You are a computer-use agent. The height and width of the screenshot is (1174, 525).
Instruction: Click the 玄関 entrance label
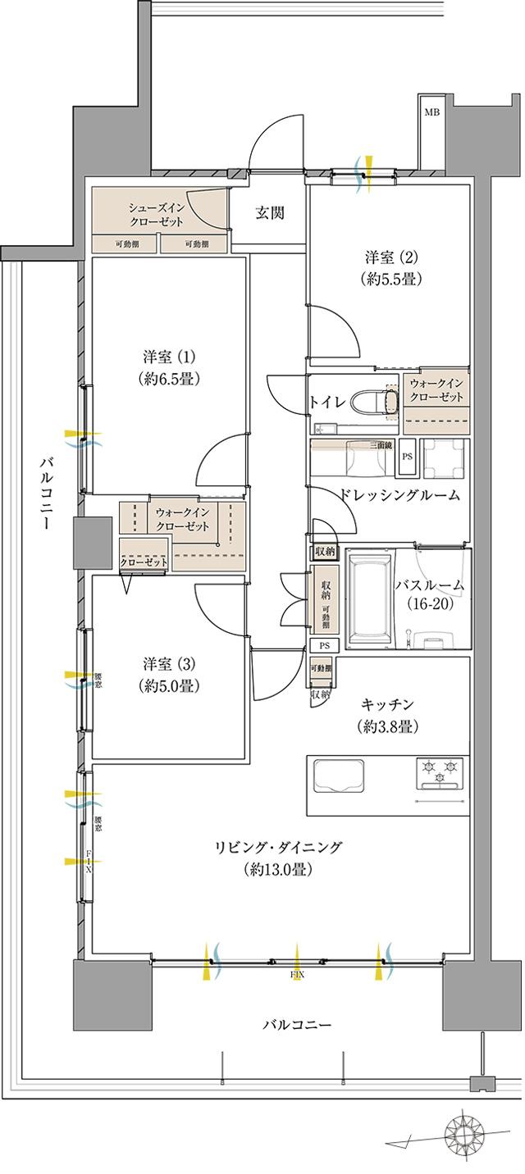click(x=269, y=214)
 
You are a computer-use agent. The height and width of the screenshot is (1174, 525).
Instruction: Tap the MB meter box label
click(x=431, y=112)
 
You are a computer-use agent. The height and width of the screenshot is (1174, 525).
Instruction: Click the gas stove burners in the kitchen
click(x=441, y=771)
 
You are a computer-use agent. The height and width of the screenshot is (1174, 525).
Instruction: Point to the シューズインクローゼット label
click(x=162, y=216)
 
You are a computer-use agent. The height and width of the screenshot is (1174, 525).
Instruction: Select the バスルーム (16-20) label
click(x=429, y=596)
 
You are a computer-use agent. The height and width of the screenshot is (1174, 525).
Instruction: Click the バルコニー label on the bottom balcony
click(x=297, y=1026)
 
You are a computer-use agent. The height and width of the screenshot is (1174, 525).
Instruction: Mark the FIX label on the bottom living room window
click(x=296, y=976)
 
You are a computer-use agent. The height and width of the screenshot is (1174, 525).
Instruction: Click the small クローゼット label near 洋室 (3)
click(x=144, y=562)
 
